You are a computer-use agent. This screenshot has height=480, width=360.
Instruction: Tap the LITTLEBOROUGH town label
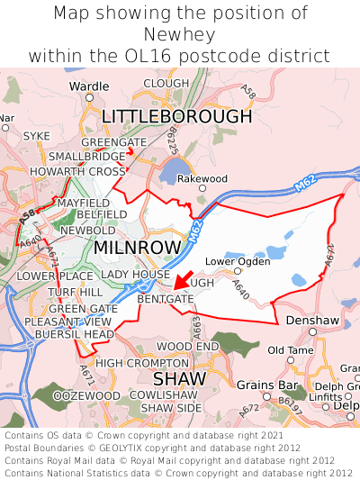(176, 116)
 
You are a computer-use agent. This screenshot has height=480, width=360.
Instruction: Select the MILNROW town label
(138, 246)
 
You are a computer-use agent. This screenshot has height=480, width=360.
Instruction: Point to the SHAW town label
(178, 379)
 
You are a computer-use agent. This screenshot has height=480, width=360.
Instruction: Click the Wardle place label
(88, 87)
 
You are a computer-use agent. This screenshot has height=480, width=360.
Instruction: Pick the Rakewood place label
(202, 178)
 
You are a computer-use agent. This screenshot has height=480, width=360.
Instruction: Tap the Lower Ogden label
(238, 262)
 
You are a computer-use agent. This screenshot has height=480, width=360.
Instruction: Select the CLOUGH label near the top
(166, 83)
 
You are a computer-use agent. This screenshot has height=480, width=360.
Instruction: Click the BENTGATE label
(166, 298)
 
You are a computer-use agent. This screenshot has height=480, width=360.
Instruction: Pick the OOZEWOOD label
(86, 395)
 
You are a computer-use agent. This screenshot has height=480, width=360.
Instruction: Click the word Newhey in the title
(180, 34)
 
